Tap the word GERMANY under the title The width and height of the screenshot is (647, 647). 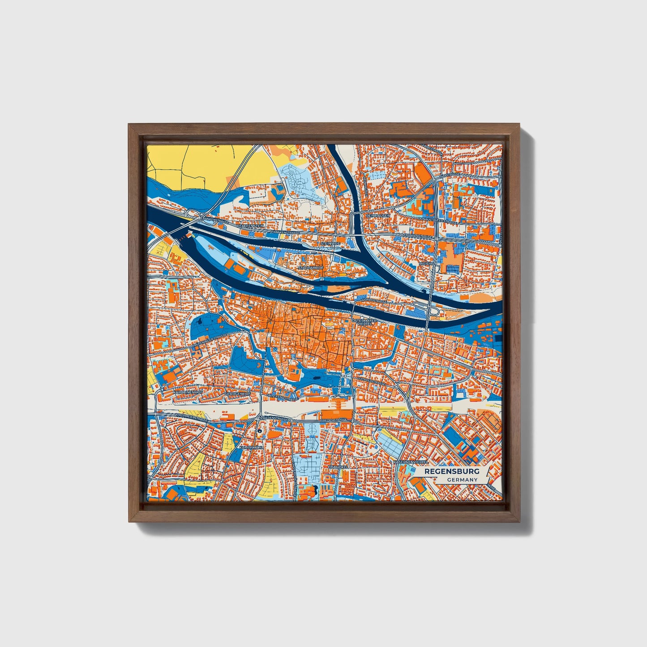462,480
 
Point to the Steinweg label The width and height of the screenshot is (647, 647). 331,243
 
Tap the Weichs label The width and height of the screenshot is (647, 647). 426,264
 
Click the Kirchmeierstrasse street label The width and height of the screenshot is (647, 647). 192,417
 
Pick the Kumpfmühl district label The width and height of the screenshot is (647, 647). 249,448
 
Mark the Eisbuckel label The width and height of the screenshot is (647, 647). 338,466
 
